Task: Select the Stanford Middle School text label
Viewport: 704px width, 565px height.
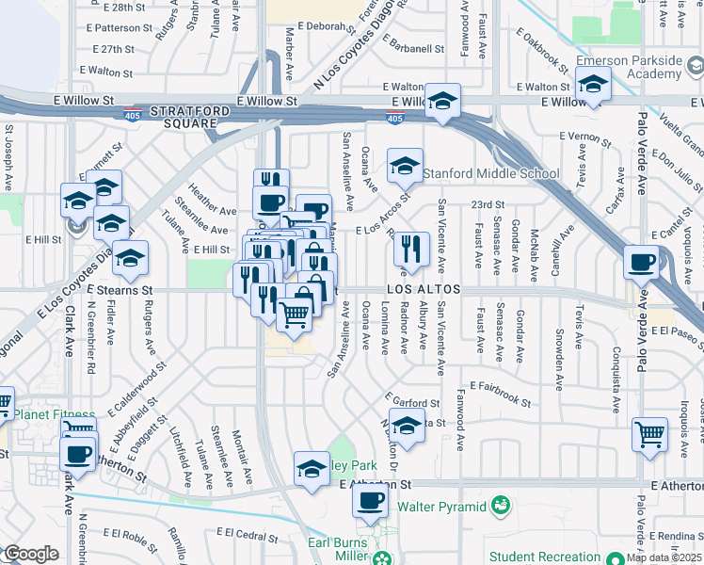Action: pyautogui.click(x=490, y=173)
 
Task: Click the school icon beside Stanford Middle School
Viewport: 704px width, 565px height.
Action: pyautogui.click(x=405, y=166)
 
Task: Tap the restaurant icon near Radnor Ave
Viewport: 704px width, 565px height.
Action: pyautogui.click(x=410, y=249)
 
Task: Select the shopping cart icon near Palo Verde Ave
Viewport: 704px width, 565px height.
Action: pyautogui.click(x=649, y=434)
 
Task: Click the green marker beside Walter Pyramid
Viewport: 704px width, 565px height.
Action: pyautogui.click(x=501, y=507)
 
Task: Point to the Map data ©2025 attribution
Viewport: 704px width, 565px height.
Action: pyautogui.click(x=664, y=557)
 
